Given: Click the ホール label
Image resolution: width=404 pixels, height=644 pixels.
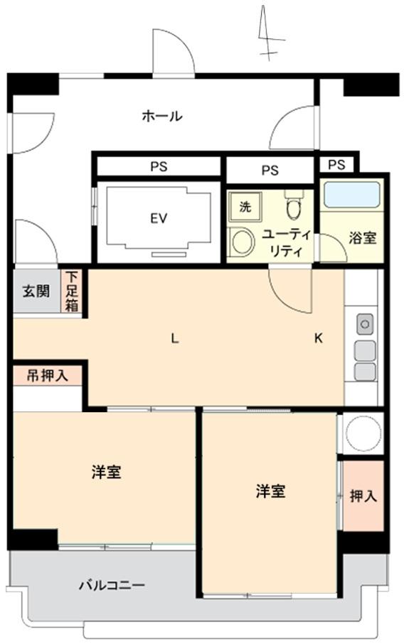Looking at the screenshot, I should (162, 116).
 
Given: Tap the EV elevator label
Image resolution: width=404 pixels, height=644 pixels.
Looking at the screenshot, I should (158, 218).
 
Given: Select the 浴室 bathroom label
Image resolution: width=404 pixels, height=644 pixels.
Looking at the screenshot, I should (363, 238).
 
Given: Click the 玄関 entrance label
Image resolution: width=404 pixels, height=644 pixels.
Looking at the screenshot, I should (36, 291).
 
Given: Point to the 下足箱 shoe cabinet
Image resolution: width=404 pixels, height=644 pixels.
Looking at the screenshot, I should (73, 291).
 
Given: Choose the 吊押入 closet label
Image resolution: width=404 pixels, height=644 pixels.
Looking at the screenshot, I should (48, 375).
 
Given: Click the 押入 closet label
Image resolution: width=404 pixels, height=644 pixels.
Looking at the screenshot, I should (363, 495).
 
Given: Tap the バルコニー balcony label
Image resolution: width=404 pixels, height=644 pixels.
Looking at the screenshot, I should (112, 586).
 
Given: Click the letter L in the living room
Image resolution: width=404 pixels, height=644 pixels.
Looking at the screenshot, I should (174, 338).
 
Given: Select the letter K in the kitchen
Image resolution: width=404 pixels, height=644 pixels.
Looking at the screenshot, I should (319, 338).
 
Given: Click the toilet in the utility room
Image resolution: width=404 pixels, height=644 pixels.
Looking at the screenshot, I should (292, 206).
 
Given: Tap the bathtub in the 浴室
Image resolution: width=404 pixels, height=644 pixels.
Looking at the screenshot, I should (351, 194).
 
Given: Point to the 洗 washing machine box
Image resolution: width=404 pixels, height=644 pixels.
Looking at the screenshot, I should (245, 207).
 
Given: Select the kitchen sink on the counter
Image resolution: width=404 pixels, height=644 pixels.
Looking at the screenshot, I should (365, 324).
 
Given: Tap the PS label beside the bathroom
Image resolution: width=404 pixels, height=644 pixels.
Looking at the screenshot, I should (337, 165).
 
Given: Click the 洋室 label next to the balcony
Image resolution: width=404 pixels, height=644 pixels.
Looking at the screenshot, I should (106, 472).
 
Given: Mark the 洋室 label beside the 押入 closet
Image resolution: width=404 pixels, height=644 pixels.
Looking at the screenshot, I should (271, 490).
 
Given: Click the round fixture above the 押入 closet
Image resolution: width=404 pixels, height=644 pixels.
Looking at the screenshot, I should (363, 432).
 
